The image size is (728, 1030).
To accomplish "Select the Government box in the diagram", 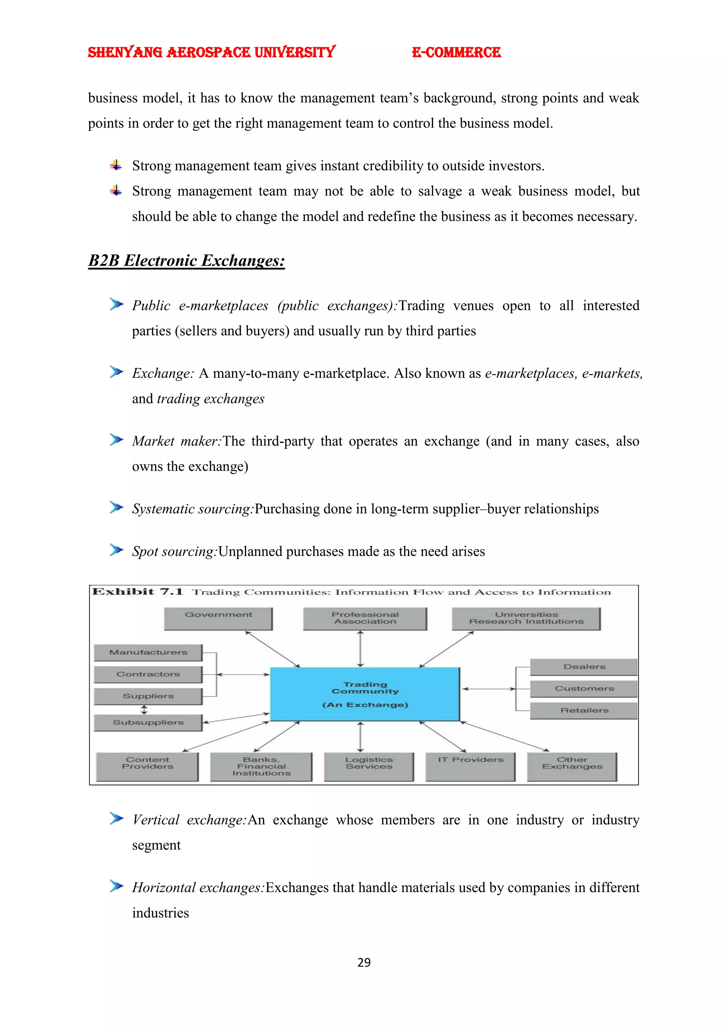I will coord(218,618).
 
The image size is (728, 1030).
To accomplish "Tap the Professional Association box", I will coord(365,618).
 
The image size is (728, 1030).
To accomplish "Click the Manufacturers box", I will coord(148,652).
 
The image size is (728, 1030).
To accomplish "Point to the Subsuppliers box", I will coord(148,722).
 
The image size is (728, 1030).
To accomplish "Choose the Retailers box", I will coord(584,710).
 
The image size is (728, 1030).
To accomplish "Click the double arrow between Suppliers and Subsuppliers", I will coord(144,709).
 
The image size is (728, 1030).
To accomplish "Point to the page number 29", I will coord(364,962).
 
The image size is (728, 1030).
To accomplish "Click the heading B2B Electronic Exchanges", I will coord(187,261).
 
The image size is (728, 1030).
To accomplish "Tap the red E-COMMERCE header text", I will coord(456,53).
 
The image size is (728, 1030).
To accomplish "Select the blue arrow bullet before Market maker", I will coord(116,440).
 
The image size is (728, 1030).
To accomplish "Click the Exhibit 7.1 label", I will coord(138,592).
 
